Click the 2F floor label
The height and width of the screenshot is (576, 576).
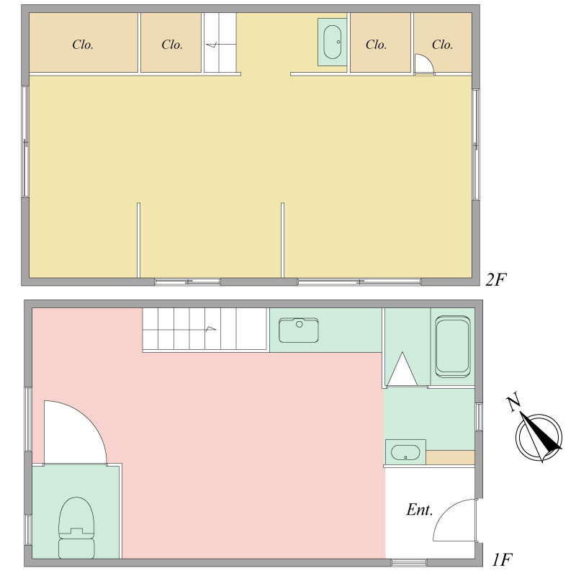tap(495, 281)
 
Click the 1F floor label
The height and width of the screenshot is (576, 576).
tap(502, 559)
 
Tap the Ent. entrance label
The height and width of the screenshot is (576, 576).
tap(420, 510)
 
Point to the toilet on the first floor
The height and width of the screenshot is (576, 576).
tap(76, 528)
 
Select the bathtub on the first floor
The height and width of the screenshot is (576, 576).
tap(452, 346)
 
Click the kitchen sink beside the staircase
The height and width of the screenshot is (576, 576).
tap(299, 330)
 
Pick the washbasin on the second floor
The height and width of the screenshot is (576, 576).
tap(332, 42)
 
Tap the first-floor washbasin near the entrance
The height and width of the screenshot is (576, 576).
tap(405, 452)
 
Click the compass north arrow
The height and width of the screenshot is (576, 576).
tap(541, 434)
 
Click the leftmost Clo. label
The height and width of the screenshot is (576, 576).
tap(83, 45)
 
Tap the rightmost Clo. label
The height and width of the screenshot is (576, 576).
tap(442, 45)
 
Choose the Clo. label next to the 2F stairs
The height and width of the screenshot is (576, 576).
tap(172, 45)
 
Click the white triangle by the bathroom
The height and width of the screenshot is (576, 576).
tap(402, 369)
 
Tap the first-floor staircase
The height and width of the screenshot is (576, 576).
tap(204, 330)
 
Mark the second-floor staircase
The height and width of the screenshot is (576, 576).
tap(220, 42)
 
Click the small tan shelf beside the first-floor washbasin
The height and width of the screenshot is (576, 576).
tap(451, 457)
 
